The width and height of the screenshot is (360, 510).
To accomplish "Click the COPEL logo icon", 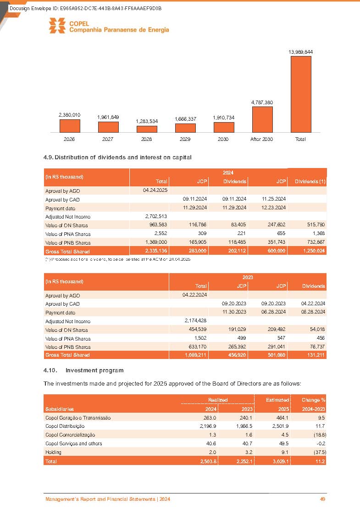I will pyautogui.click(x=57, y=26).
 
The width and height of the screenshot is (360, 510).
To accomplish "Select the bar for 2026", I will pyautogui.click(x=70, y=126).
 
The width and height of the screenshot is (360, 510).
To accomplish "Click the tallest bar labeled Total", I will pyautogui.click(x=301, y=94).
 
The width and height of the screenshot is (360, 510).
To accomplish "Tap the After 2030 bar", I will pyautogui.click(x=262, y=119).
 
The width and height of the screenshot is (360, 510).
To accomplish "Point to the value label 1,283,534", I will pyautogui.click(x=147, y=121).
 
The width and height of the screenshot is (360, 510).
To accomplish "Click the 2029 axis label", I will pyautogui.click(x=185, y=139).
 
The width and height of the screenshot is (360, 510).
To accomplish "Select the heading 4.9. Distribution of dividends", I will pyautogui.click(x=117, y=157).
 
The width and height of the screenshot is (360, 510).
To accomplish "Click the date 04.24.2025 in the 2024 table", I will pyautogui.click(x=155, y=191).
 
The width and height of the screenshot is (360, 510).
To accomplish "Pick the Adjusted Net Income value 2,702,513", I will pyautogui.click(x=155, y=217).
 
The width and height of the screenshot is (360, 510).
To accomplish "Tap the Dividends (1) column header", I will pyautogui.click(x=310, y=181).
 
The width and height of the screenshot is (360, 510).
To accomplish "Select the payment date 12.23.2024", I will pyautogui.click(x=274, y=208).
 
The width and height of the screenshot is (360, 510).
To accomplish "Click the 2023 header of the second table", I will pyautogui.click(x=248, y=277).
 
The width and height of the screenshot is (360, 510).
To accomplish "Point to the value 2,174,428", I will pyautogui.click(x=194, y=321).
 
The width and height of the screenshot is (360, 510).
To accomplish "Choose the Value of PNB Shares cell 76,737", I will pyautogui.click(x=316, y=347).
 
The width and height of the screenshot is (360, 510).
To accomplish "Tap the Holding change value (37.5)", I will pyautogui.click(x=317, y=452).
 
